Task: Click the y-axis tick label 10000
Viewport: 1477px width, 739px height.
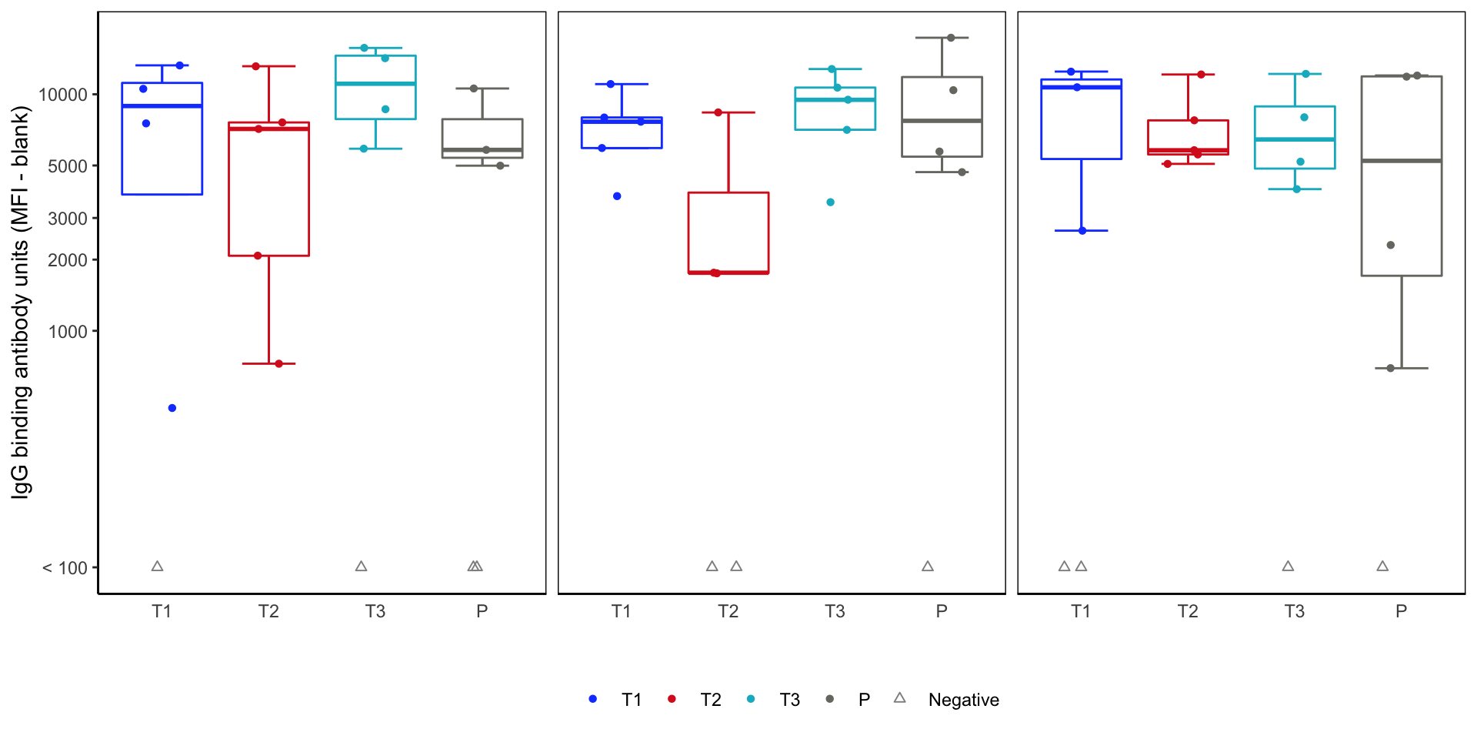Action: (x=63, y=95)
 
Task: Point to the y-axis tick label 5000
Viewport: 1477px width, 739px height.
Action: (x=68, y=166)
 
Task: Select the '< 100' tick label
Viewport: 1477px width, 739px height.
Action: (x=65, y=568)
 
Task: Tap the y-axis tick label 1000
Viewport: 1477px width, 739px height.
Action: (x=68, y=332)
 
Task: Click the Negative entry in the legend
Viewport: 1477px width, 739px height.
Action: (x=963, y=700)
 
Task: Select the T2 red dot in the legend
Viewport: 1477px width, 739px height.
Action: (x=672, y=699)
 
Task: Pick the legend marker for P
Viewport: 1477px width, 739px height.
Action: (x=829, y=699)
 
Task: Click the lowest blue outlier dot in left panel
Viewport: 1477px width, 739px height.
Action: (x=172, y=408)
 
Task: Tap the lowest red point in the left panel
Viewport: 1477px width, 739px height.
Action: (x=279, y=363)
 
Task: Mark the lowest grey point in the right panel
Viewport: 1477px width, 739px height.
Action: (x=1390, y=368)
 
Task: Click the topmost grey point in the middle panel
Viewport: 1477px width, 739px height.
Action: (x=951, y=38)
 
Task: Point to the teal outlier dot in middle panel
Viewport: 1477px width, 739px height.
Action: (x=831, y=202)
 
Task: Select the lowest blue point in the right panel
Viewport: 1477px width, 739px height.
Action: (x=1082, y=231)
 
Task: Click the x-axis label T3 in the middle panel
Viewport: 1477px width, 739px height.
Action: (x=835, y=611)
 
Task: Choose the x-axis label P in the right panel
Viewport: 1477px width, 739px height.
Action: (x=1401, y=611)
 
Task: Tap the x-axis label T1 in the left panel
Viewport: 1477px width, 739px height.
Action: (x=162, y=611)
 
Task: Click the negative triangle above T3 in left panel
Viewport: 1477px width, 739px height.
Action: (x=362, y=567)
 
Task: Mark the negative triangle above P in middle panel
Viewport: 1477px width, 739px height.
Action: (x=928, y=567)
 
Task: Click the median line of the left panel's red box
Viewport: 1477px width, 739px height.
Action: (x=268, y=129)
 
